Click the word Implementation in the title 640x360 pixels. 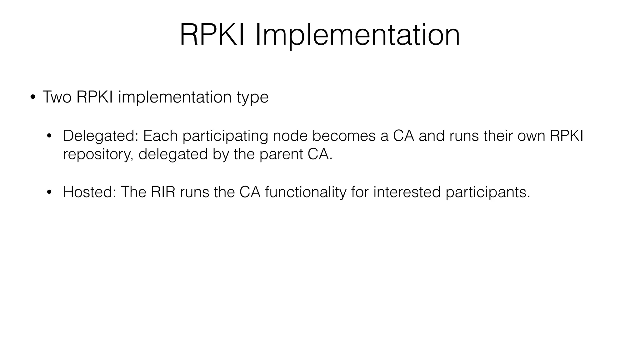coord(357,35)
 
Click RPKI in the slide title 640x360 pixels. coord(212,35)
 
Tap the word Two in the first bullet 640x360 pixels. coord(57,97)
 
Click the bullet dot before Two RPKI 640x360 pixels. coord(32,97)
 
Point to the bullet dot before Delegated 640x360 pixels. coord(49,136)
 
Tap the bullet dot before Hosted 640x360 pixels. coord(49,192)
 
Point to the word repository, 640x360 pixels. coord(98,154)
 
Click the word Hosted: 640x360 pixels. coord(89,192)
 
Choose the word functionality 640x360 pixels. coord(306,192)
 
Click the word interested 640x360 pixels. coord(407,192)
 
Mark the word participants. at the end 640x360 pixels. coord(488,192)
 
